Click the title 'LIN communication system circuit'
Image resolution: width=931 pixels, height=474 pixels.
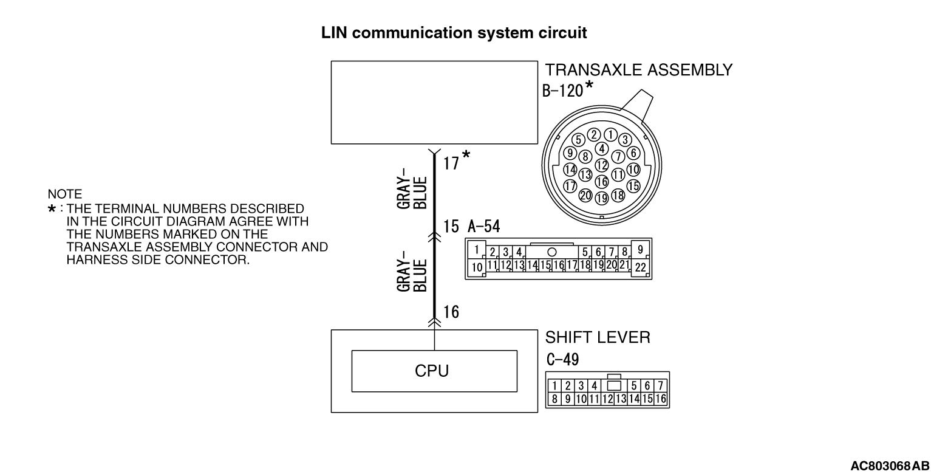click(x=454, y=33)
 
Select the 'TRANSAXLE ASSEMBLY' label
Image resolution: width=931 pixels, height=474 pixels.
click(x=639, y=70)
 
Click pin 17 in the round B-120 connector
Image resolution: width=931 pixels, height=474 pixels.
click(x=570, y=186)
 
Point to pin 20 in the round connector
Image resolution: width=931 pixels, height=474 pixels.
click(x=586, y=195)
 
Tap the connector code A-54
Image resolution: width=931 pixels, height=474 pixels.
click(x=484, y=227)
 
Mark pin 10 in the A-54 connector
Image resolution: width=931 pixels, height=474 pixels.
click(x=478, y=266)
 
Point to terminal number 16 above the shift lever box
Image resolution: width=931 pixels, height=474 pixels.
click(x=451, y=312)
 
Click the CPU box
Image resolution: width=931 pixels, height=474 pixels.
click(x=434, y=370)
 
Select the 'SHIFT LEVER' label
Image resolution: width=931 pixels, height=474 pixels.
click(x=598, y=338)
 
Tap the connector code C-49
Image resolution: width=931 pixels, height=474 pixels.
click(x=562, y=360)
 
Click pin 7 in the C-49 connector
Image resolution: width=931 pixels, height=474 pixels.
click(x=660, y=385)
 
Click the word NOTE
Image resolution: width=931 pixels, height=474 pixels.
click(x=64, y=195)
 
